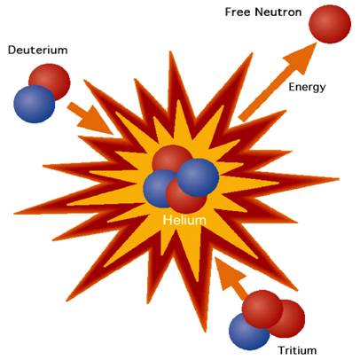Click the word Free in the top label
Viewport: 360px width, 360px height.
coord(238,12)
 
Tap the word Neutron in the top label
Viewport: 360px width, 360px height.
coord(278,12)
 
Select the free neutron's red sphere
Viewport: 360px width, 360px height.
coord(330,24)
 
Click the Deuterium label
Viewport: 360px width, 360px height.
coord(38,50)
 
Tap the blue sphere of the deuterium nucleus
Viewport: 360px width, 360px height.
coord(35,104)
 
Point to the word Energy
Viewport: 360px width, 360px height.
coord(307,88)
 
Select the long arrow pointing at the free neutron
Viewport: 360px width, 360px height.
coord(278,82)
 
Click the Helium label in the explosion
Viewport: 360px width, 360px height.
coord(184,220)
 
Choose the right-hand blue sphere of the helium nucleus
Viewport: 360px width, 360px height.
coord(198,177)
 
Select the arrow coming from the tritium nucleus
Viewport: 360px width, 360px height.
coord(231,278)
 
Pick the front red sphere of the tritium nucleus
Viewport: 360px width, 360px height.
coord(262,309)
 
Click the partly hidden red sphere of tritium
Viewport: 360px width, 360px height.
coord(291,319)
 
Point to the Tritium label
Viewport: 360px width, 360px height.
coord(297,350)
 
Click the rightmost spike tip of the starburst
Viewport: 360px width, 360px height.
coord(339,178)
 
